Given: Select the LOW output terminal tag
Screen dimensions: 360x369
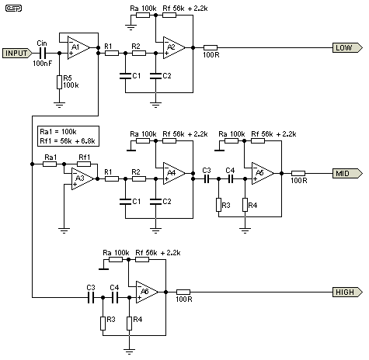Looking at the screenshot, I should click(346, 47).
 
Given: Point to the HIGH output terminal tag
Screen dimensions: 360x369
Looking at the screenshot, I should click(345, 292).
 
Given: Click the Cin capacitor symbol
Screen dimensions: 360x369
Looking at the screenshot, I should click(42, 53).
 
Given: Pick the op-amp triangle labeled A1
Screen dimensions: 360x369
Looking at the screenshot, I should click(77, 48).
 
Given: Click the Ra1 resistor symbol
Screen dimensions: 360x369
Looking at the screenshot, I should click(51, 164).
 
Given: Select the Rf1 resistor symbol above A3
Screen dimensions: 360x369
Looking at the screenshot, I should click(84, 164).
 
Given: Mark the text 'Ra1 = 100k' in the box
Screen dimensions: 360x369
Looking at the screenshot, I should click(60, 130).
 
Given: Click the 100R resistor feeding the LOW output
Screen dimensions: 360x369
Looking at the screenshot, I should click(210, 47).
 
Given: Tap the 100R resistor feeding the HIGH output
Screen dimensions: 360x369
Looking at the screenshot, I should click(183, 292).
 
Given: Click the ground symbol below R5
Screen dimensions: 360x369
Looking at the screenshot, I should click(59, 102).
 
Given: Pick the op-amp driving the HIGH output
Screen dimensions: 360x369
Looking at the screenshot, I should click(147, 292).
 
